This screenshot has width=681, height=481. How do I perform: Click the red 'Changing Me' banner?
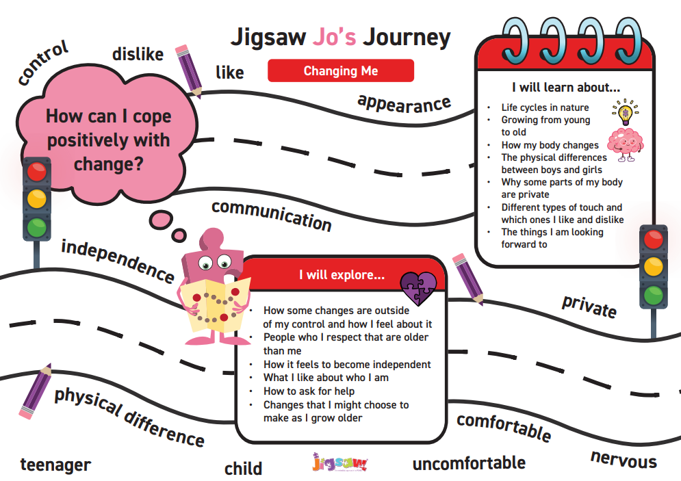pos(341,70)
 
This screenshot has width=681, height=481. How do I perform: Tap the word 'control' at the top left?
pos(43,62)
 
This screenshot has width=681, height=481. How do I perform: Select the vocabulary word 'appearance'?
pos(404,104)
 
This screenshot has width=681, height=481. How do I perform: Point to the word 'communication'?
pos(272,216)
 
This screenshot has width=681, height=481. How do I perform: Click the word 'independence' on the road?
pos(118,261)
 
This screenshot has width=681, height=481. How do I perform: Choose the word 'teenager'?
pos(55,465)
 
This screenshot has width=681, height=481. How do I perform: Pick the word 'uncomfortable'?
pos(469,463)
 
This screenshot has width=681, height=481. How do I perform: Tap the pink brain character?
pos(626,145)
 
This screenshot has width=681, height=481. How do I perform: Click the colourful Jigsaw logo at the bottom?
pos(340,463)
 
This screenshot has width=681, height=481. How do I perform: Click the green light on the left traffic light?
pos(37,227)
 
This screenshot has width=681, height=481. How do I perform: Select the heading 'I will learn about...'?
pos(566,88)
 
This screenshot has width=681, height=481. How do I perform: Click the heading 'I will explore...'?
pos(342,275)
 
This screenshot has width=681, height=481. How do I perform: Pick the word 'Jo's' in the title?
pos(335,37)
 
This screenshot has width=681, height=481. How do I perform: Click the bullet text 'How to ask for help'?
pos(309,391)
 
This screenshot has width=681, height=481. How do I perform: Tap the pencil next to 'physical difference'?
pos(35,391)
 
